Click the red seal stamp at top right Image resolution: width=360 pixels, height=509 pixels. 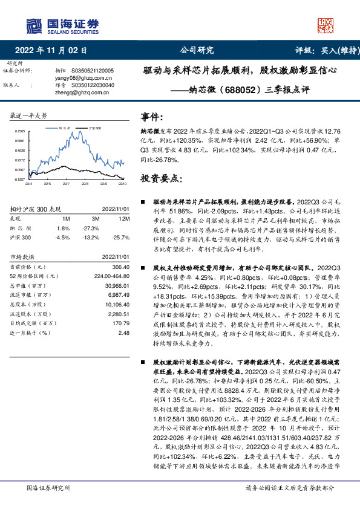(x=327, y=25)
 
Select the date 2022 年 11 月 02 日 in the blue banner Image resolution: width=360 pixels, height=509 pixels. (x=55, y=51)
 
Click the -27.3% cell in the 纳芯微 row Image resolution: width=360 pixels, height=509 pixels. (x=91, y=228)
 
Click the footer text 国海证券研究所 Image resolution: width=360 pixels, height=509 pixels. (x=48, y=488)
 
